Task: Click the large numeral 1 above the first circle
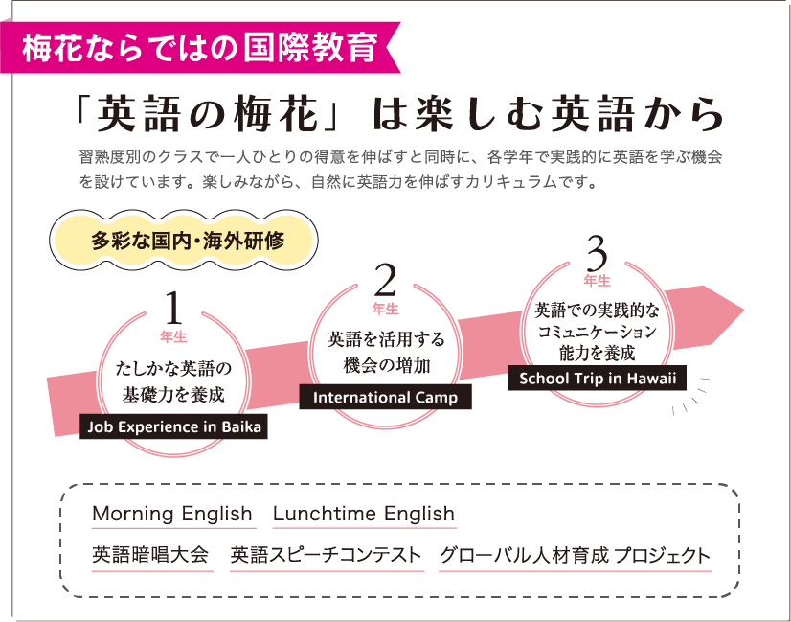coord(173,309)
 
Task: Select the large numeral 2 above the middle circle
coord(385,281)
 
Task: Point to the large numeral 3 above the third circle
coord(597,254)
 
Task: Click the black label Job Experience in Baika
coord(173,426)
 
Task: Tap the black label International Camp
coord(385,397)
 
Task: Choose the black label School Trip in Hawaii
coord(597,378)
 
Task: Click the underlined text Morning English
coord(172,514)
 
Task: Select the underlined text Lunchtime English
coord(363,514)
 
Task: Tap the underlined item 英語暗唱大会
coord(150,556)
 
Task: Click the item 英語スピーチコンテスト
coord(326,556)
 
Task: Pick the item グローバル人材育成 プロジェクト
coord(575,556)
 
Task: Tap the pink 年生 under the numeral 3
coord(597,281)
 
